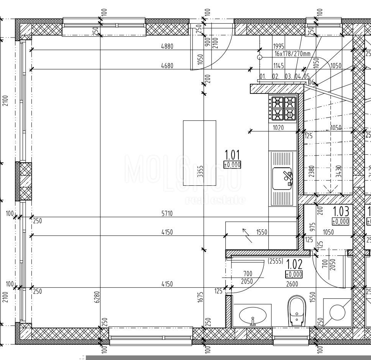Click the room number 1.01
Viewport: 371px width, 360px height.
[232, 155]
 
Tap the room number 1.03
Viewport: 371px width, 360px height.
[341, 211]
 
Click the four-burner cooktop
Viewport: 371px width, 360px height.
[283, 108]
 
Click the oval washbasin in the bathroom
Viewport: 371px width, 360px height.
[253, 316]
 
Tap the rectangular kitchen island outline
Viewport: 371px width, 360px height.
[199, 153]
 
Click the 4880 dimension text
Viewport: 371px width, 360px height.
[167, 46]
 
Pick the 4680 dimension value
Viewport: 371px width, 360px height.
[167, 66]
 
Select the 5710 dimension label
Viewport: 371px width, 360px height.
[167, 214]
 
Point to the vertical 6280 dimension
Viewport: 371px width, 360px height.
[97, 297]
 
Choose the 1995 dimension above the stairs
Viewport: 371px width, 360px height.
[278, 46]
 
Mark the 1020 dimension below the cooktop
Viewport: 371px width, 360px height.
[278, 128]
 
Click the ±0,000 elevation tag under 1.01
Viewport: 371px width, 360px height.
[232, 165]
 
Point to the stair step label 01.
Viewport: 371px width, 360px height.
[263, 76]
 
